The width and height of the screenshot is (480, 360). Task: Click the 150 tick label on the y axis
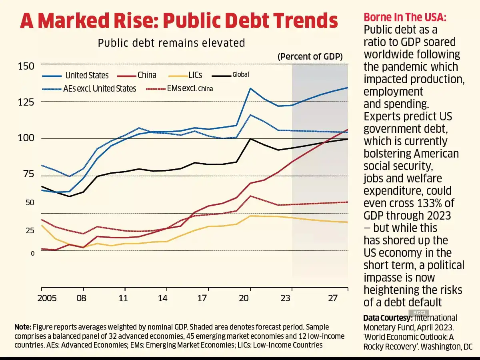[x=26, y=66]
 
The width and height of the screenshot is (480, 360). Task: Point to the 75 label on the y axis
[x=26, y=174]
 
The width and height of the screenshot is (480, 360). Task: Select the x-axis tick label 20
[x=250, y=298]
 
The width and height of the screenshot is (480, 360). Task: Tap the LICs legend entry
[x=195, y=75]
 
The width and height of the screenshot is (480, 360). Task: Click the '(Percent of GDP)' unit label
[x=310, y=57]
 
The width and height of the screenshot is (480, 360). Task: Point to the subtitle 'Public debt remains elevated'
[x=171, y=43]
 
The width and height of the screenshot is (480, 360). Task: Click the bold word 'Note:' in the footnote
[x=22, y=326]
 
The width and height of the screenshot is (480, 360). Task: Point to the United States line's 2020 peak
[x=250, y=88]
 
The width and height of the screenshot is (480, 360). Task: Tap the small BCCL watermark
[x=419, y=312]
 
